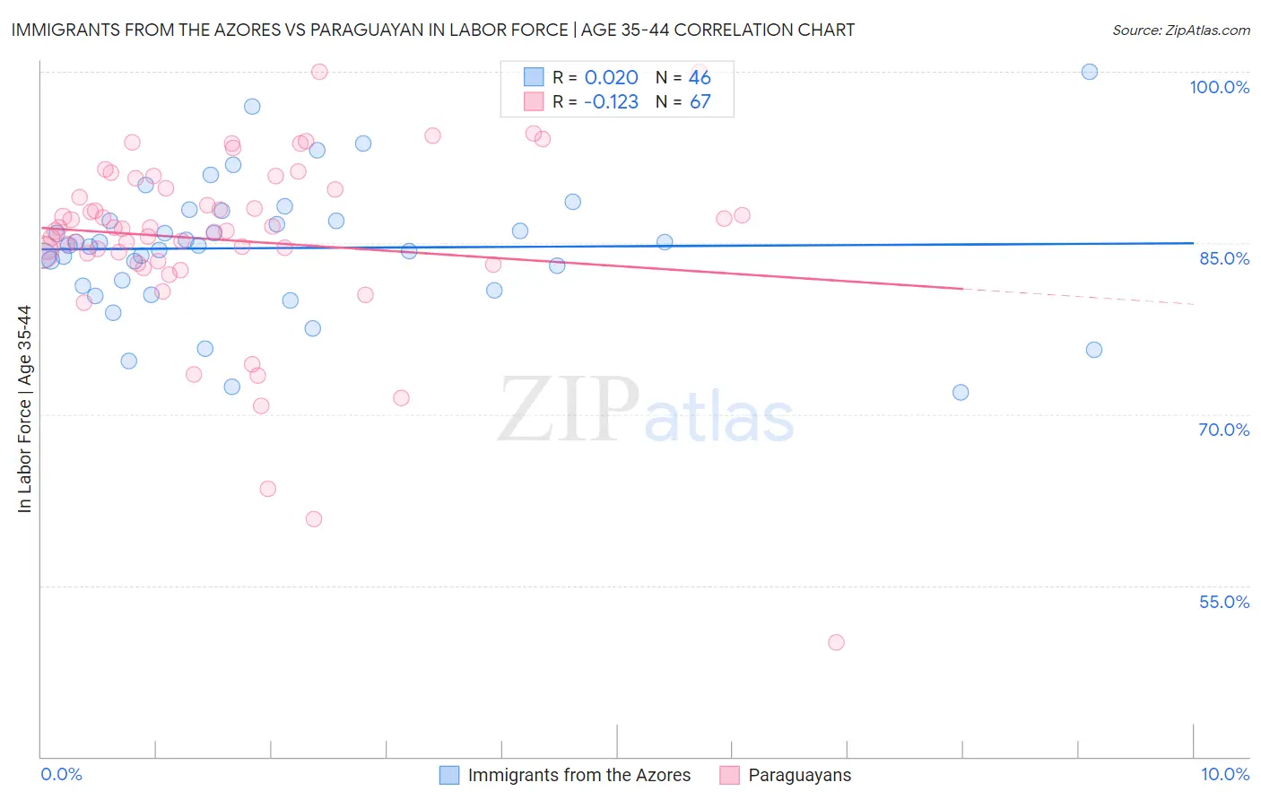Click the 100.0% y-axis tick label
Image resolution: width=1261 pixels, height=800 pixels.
pyautogui.click(x=1219, y=87)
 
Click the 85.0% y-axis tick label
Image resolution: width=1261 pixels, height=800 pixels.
pyautogui.click(x=1223, y=258)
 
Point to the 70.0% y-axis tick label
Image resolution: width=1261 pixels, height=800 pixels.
pyautogui.click(x=1223, y=430)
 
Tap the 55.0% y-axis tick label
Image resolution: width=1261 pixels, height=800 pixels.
pyautogui.click(x=1223, y=602)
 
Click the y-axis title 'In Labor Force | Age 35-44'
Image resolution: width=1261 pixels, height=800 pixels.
pyautogui.click(x=24, y=409)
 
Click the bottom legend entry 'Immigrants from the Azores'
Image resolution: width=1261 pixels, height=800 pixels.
pyautogui.click(x=578, y=776)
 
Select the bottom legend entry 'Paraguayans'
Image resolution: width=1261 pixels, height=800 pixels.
pyautogui.click(x=799, y=776)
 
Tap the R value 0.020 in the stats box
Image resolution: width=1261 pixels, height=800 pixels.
pyautogui.click(x=611, y=78)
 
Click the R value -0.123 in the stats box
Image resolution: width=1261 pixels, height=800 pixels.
pyautogui.click(x=611, y=102)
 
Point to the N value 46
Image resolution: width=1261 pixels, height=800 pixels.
pyautogui.click(x=700, y=78)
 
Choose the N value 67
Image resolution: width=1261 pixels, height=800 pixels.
pyautogui.click(x=700, y=102)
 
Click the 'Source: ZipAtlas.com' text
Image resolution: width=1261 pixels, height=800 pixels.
pyautogui.click(x=1180, y=30)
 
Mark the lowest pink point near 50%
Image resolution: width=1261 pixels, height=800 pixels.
pyautogui.click(x=836, y=642)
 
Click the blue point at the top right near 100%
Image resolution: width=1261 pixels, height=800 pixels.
pyautogui.click(x=1090, y=72)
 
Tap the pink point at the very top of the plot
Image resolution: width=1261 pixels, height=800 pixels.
pyautogui.click(x=319, y=72)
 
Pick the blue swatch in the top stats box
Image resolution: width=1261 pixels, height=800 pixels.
pyautogui.click(x=534, y=78)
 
